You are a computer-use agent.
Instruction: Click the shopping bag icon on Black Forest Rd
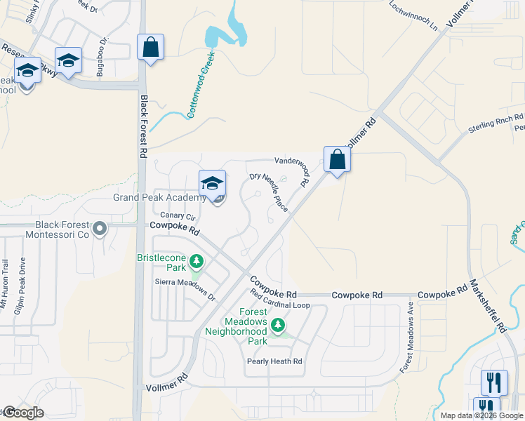(x=151, y=48)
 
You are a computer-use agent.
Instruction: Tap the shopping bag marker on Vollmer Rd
(x=338, y=159)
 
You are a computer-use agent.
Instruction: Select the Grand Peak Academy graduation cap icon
(x=212, y=184)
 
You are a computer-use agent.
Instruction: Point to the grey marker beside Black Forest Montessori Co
(x=100, y=229)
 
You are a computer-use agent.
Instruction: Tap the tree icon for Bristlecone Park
(x=197, y=262)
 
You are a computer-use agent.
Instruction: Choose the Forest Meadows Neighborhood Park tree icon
(x=278, y=325)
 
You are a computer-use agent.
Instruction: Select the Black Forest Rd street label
(x=144, y=126)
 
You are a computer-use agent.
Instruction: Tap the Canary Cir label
(x=177, y=215)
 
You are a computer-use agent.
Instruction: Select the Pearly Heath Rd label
(x=274, y=361)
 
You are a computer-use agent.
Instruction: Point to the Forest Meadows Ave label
(x=407, y=337)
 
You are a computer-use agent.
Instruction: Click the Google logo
(x=24, y=413)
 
